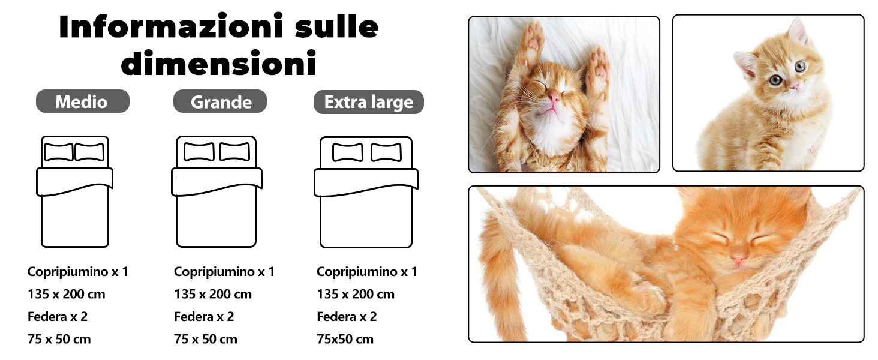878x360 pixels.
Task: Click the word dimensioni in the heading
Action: [x=218, y=64]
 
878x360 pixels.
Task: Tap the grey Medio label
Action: [x=82, y=101]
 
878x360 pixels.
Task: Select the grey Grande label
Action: [x=221, y=102]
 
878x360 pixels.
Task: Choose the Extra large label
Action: [x=368, y=102]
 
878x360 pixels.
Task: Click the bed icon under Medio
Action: [x=74, y=192]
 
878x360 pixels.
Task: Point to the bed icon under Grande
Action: [x=216, y=192]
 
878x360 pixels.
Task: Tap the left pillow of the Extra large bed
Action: [x=347, y=152]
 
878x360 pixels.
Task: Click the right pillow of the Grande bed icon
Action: [x=234, y=152]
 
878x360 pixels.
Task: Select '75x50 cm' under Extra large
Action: [x=345, y=339]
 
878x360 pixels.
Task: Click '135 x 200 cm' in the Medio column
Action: [x=66, y=294]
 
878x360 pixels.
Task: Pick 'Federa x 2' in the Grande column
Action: [x=204, y=316]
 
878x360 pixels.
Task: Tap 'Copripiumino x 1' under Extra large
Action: [x=366, y=272]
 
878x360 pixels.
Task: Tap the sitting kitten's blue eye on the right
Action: [x=800, y=67]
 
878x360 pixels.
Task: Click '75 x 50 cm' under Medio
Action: [x=59, y=339]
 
